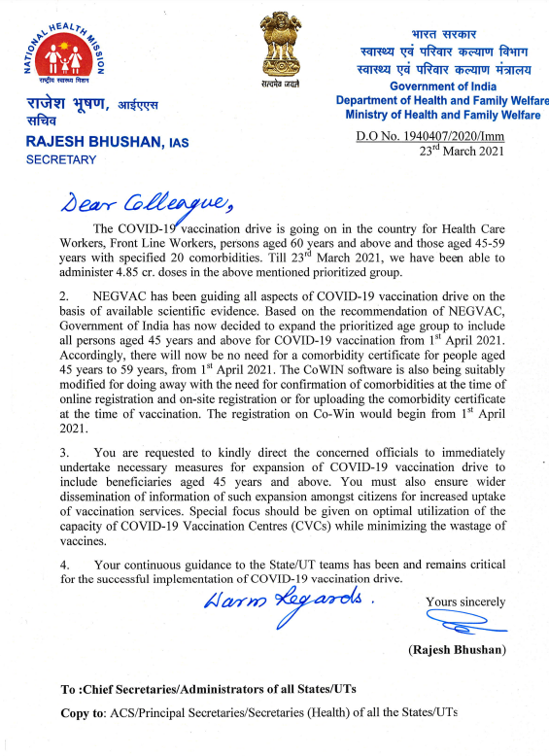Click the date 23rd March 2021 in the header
[461, 152]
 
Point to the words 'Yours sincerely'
[465, 601]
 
